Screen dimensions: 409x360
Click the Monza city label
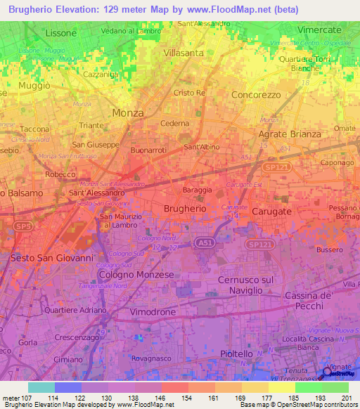(128, 112)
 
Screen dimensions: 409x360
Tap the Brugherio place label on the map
(184, 209)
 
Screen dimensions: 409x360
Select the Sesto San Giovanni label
(51, 258)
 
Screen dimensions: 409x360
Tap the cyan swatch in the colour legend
(41, 387)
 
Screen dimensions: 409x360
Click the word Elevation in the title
(78, 9)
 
